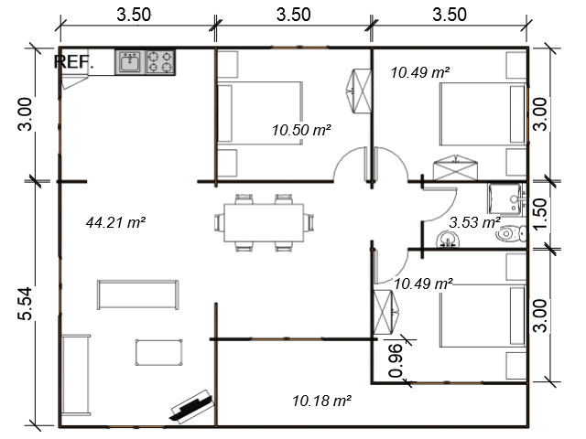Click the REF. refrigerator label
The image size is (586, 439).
(x=73, y=62)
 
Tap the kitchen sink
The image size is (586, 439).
(x=130, y=62)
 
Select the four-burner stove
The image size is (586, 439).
(x=160, y=62)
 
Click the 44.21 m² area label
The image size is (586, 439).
(x=115, y=223)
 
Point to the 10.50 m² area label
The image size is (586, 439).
(x=301, y=130)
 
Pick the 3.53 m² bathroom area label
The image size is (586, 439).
(x=474, y=223)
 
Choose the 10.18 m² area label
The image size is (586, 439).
(x=321, y=402)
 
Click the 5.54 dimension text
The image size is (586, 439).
(x=26, y=304)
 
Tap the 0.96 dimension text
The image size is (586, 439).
(x=396, y=361)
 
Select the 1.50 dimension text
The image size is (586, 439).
(x=540, y=214)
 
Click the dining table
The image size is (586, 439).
(x=264, y=222)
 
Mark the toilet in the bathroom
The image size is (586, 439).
(x=511, y=234)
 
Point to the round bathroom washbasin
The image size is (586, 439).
(x=448, y=240)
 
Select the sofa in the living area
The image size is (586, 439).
(x=138, y=294)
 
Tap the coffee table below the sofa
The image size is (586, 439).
(x=158, y=352)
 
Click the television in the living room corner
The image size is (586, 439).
(x=192, y=407)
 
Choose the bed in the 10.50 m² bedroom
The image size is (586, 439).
(x=260, y=113)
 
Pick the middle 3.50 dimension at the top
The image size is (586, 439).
(x=293, y=15)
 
